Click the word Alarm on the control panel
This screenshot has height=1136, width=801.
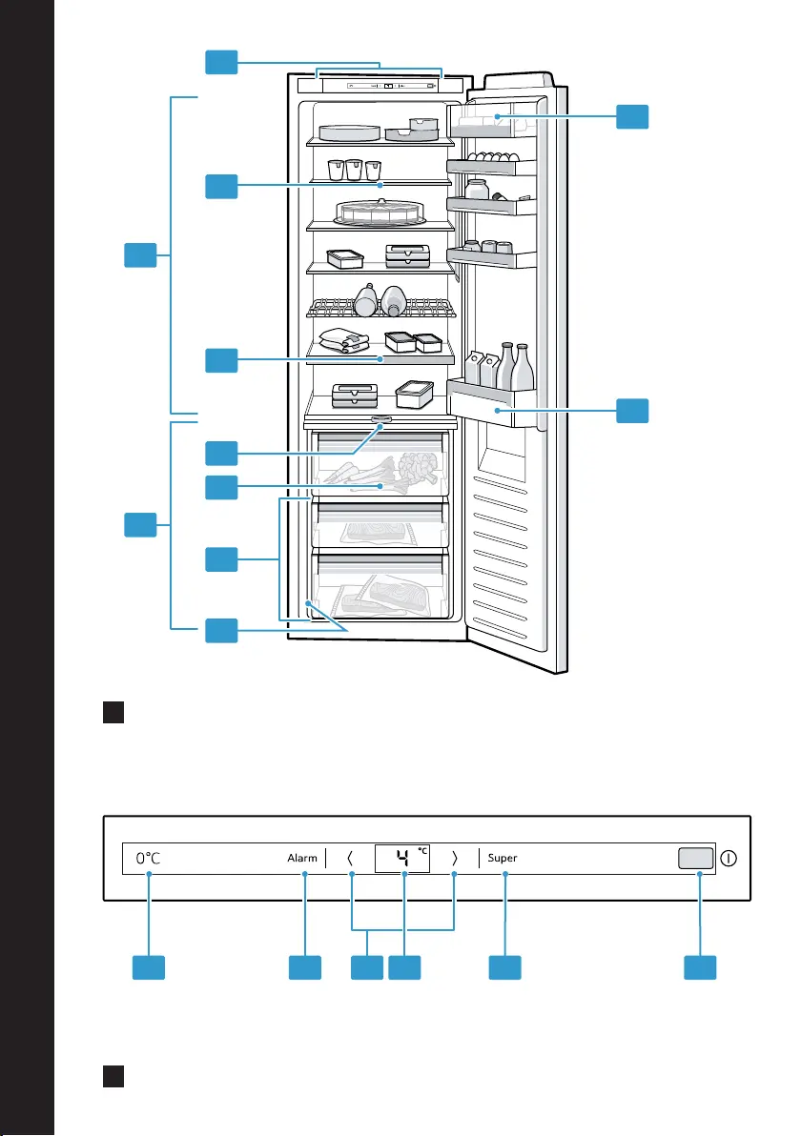pyautogui.click(x=302, y=858)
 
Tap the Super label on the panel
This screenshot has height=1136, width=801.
pyautogui.click(x=503, y=858)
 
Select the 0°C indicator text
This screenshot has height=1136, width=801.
pyautogui.click(x=148, y=858)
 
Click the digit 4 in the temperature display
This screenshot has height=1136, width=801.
pyautogui.click(x=403, y=859)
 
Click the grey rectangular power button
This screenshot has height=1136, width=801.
pyautogui.click(x=696, y=858)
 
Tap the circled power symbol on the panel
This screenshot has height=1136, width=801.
pyautogui.click(x=729, y=858)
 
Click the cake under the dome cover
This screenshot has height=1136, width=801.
pyautogui.click(x=380, y=212)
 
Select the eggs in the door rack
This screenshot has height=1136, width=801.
pyautogui.click(x=493, y=156)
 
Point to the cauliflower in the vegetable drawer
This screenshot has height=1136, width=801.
pyautogui.click(x=419, y=467)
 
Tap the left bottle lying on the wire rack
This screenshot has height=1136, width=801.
pyautogui.click(x=366, y=300)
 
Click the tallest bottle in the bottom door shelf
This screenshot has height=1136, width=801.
pyautogui.click(x=523, y=367)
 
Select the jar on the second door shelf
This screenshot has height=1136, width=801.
pyautogui.click(x=476, y=189)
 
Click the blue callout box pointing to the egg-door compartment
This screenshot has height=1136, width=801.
pyautogui.click(x=632, y=116)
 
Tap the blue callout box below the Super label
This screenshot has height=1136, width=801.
pyautogui.click(x=504, y=968)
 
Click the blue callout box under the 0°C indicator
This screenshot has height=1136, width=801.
pyautogui.click(x=149, y=968)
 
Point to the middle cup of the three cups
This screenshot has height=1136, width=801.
pyautogui.click(x=354, y=170)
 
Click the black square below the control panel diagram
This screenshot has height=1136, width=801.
pyautogui.click(x=113, y=1077)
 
